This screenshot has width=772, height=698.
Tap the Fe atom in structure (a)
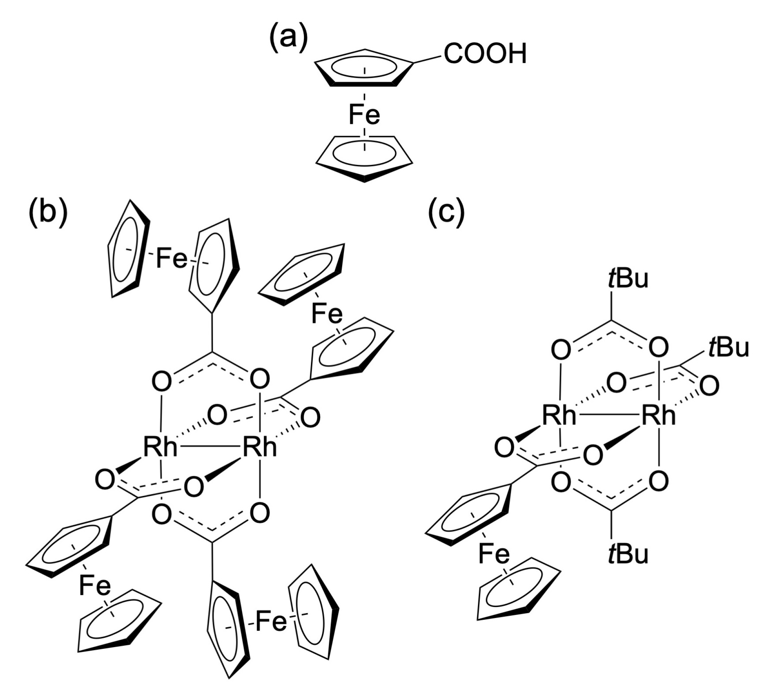(x=364, y=115)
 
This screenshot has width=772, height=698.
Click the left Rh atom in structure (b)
(x=161, y=447)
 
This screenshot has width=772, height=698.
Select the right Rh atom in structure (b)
(x=260, y=447)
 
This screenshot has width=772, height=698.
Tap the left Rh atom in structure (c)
(x=559, y=415)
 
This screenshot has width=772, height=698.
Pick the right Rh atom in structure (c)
(x=658, y=415)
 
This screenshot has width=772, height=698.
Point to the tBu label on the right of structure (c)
(x=729, y=348)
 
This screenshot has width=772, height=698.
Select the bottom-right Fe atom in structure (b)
(x=271, y=622)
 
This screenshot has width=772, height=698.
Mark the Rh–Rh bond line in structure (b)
(x=210, y=447)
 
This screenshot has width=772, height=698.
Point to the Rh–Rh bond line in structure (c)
(x=609, y=415)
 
